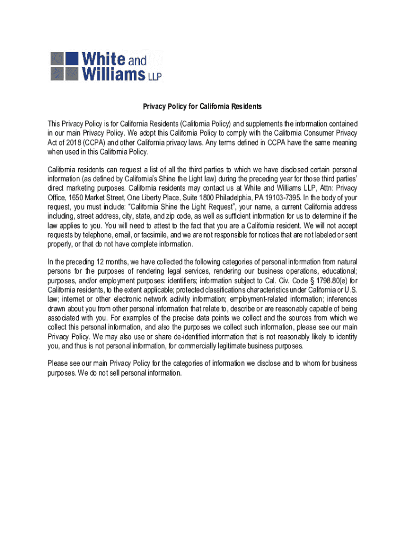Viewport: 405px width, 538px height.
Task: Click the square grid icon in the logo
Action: pyautogui.click(x=64, y=66)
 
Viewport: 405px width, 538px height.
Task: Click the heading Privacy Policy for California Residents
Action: pyautogui.click(x=202, y=107)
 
